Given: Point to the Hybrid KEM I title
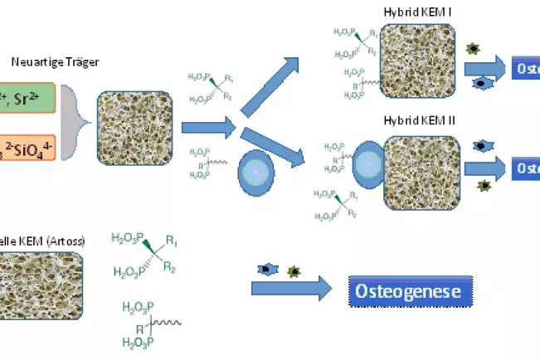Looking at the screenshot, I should tap(417, 12).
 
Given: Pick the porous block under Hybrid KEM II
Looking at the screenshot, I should tap(420, 171).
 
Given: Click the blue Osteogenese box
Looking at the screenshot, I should tap(409, 292).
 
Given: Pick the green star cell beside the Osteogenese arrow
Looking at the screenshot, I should tap(292, 270).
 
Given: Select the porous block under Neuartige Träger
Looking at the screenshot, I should tap(135, 124).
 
